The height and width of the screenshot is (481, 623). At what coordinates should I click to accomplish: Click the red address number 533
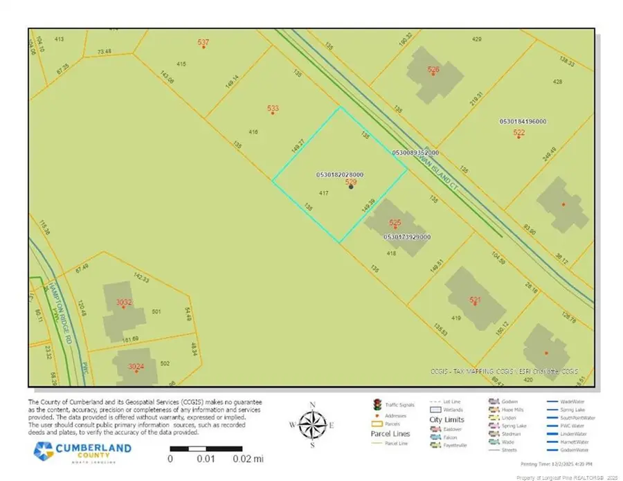[273, 108]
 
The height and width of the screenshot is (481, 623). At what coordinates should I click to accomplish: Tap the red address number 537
[203, 43]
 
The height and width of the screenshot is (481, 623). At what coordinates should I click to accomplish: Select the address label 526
[433, 69]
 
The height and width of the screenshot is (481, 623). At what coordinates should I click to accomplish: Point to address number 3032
[124, 302]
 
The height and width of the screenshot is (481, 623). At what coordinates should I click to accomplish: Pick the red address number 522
[519, 132]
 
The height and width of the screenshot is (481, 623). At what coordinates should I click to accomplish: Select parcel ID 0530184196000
[523, 122]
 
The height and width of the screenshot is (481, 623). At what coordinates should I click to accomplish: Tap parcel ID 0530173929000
[406, 237]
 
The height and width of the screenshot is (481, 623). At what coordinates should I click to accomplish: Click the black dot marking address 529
[352, 187]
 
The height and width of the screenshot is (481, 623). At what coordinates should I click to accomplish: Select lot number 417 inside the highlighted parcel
[323, 192]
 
